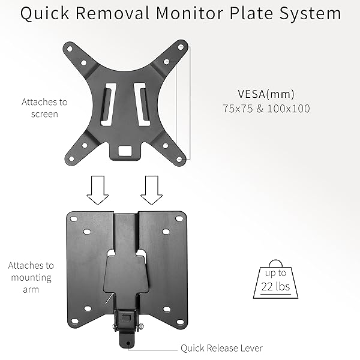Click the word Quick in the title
44,14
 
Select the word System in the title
311,14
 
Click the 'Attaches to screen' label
44,107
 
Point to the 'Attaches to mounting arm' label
31,277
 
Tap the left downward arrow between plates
97,190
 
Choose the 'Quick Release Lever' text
221,348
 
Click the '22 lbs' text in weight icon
275,287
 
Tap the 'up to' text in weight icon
275,273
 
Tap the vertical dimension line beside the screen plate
190,102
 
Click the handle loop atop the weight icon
275,262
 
